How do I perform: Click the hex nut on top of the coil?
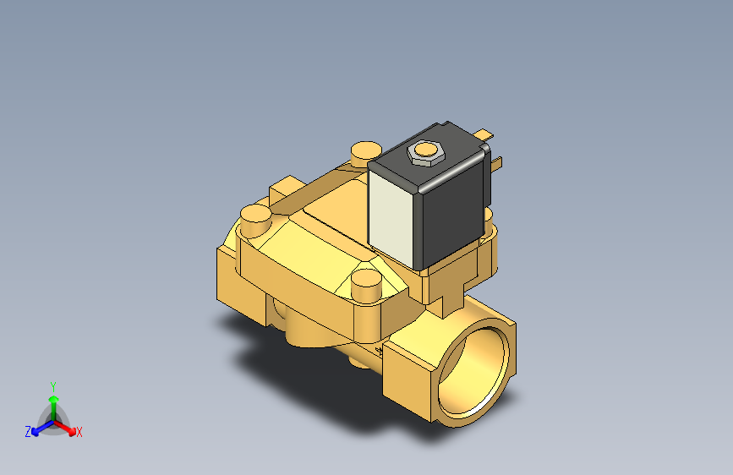click(424, 152)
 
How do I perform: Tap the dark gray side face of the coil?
click(457, 203)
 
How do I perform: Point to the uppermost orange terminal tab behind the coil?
click(484, 134)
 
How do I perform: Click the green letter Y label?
click(52, 385)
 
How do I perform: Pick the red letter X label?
click(79, 433)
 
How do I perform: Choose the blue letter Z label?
click(27, 432)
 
